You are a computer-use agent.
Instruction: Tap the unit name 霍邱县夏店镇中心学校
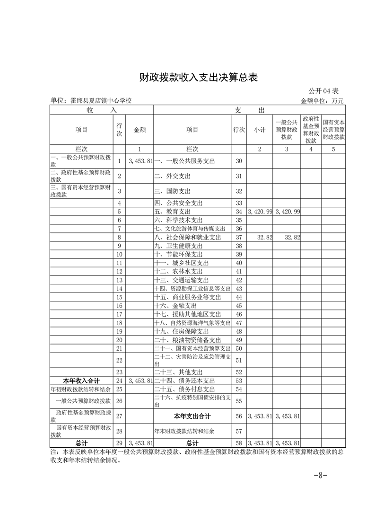[x=91, y=101]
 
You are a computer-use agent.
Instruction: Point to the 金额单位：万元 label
[x=322, y=101]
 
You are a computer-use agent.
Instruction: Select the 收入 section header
[x=101, y=110]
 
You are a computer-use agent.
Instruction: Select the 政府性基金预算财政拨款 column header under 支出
[x=311, y=129]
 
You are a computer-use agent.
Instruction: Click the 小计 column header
[x=259, y=129]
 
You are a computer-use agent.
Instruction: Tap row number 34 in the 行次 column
[x=238, y=212]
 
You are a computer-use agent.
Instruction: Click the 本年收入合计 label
[x=81, y=381]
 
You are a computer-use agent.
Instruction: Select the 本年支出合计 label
[x=192, y=416]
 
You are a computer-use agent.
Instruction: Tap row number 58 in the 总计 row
[x=238, y=443]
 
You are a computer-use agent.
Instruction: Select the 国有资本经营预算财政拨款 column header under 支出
[x=333, y=129]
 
